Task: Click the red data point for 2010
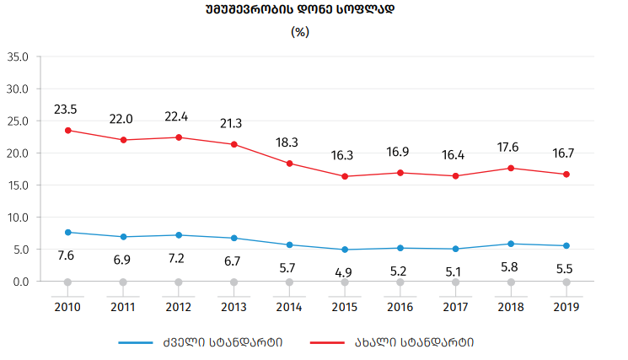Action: coord(67,130)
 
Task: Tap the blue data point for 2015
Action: coord(345,250)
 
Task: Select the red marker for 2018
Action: coord(511,168)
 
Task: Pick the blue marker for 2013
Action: coord(233,238)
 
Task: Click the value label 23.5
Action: coord(66,110)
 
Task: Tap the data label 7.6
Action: coord(66,255)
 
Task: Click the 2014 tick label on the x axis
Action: coord(289,307)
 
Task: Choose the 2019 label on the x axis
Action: coord(566,307)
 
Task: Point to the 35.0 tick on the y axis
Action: coord(18,56)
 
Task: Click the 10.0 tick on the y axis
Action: coord(18,217)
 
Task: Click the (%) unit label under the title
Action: coord(300,32)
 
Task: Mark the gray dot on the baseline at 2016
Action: coord(400,282)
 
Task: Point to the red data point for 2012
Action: coord(179,137)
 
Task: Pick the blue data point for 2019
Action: coord(566,245)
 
